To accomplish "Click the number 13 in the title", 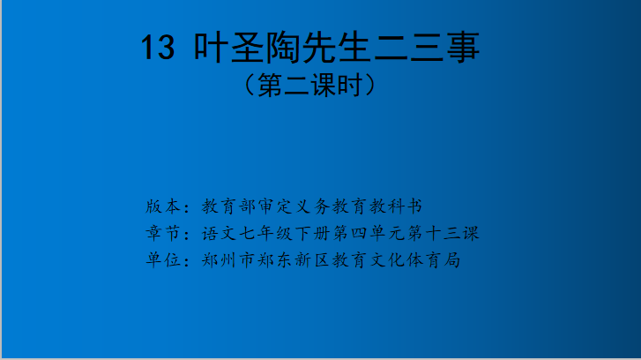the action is click(x=158, y=48).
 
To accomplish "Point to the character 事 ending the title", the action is click(x=462, y=47).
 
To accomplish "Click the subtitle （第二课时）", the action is click(x=309, y=85).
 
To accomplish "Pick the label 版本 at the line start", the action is click(x=163, y=206).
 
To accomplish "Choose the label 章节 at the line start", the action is click(x=163, y=233).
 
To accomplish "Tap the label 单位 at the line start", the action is click(x=163, y=260).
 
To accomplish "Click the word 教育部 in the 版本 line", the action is click(x=229, y=206).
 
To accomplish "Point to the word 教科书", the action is click(x=396, y=206).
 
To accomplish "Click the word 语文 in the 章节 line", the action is click(x=220, y=233).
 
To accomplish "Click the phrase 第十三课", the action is click(x=443, y=233).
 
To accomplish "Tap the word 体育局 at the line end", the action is click(x=435, y=260).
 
